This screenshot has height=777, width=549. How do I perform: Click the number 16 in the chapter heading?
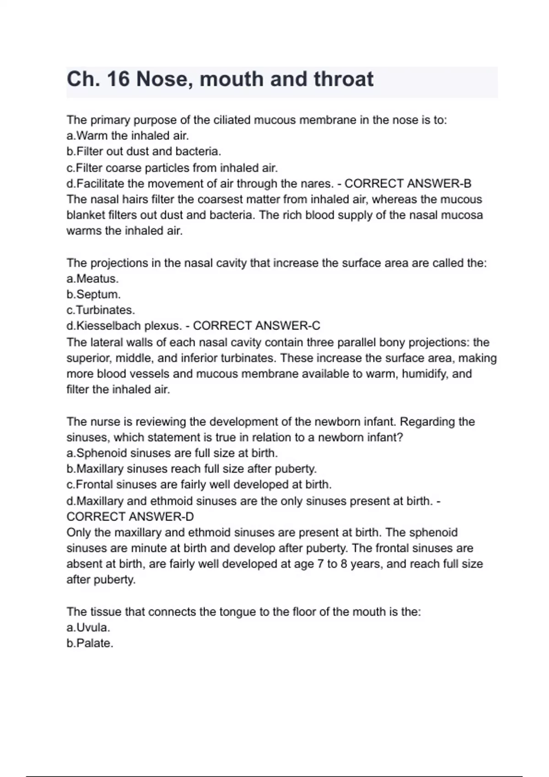pos(118,79)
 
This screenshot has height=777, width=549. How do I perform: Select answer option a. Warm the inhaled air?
pos(128,136)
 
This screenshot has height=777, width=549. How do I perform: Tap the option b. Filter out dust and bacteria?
pos(144,151)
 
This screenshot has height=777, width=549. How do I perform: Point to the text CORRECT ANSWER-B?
pos(408,184)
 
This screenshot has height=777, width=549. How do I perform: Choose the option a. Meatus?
pos(92,279)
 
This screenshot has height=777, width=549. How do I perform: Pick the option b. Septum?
pos(93,294)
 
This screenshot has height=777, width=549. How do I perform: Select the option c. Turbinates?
pos(101,310)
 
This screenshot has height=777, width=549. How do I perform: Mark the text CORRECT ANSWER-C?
pos(257,326)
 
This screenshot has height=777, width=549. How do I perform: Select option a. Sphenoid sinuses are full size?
pos(172,453)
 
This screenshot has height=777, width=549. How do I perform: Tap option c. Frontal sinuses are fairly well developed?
pos(199,484)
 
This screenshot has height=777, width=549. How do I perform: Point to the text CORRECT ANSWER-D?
pos(130,517)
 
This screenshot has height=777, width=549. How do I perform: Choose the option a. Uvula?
pos(88,628)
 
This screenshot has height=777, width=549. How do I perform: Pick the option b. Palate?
pos(90,644)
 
